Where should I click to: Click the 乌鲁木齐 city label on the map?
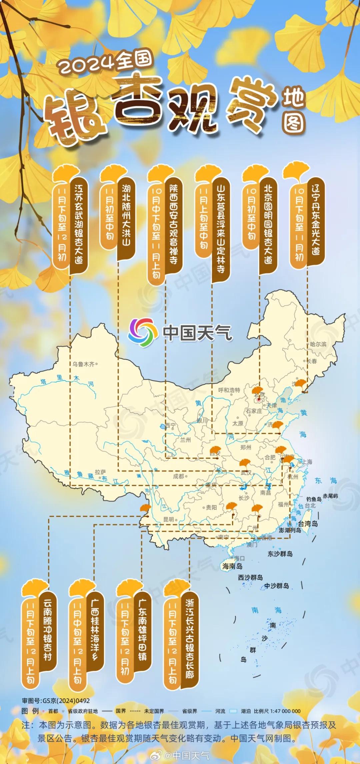point(84,364)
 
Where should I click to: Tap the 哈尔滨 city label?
point(318,344)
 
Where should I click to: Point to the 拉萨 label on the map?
point(100,472)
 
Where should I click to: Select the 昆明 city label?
point(168,519)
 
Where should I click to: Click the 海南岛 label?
point(232,566)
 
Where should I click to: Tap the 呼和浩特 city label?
point(229,390)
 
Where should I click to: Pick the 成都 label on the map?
point(178,476)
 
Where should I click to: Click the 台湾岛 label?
point(308,523)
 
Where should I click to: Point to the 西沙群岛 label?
point(250,577)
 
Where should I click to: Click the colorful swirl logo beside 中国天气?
point(143,332)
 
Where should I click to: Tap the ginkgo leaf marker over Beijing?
point(258,391)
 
